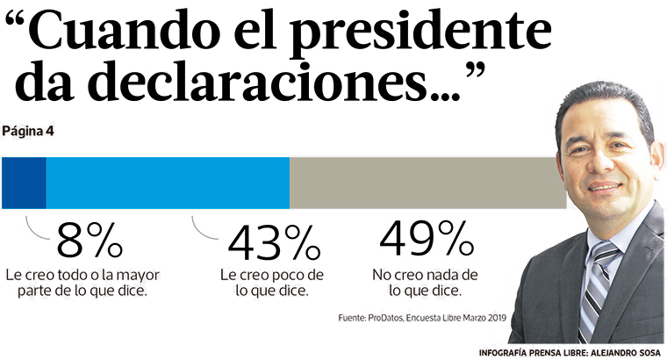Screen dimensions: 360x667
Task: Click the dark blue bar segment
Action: click(24, 183)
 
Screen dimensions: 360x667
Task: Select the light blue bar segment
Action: click(167, 183)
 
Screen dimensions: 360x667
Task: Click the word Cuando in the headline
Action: click(123, 35)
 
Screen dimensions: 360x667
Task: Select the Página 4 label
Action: click(28, 132)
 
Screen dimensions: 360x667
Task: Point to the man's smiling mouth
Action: click(605, 187)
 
